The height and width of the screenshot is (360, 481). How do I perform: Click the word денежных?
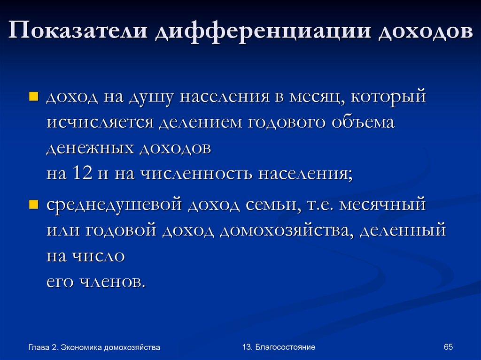coord(89,148)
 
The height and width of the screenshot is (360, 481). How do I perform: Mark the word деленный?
coord(402,231)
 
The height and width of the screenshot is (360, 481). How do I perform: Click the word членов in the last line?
coord(111,282)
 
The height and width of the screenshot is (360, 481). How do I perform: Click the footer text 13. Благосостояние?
coord(279,347)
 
